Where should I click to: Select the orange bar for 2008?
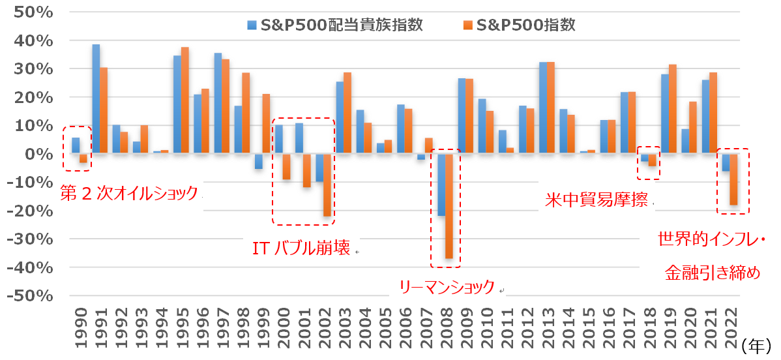coord(449,206)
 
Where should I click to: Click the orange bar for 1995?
coord(185,100)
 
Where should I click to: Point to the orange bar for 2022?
coord(733,179)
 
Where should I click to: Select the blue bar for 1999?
coord(259,161)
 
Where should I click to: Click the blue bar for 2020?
coord(685,141)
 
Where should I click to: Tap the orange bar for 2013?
coord(551,108)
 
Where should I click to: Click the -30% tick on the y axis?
coord(30,239)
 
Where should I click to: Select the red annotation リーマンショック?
coord(447,288)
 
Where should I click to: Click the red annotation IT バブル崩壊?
coord(301,248)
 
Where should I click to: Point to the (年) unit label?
coord(757,344)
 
